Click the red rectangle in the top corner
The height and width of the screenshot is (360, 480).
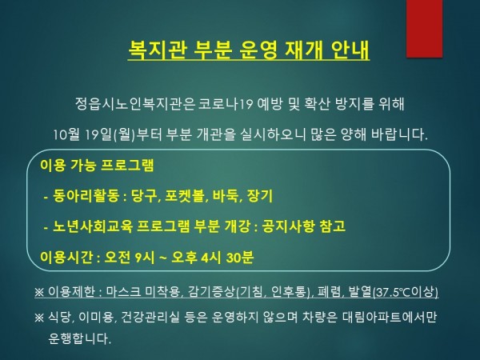tap(424, 28)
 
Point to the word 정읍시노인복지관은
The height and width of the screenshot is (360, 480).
tap(135, 104)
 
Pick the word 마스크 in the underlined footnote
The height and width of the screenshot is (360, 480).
tap(124, 291)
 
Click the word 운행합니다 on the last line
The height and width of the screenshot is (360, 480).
tap(79, 338)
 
